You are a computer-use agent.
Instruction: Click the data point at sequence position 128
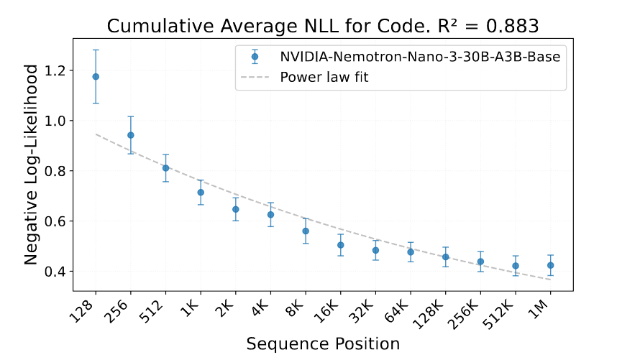click(x=96, y=77)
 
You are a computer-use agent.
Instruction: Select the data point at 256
click(x=131, y=135)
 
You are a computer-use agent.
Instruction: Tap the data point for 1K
click(x=201, y=192)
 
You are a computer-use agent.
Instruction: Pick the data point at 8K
click(x=306, y=231)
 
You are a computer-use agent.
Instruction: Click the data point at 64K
click(x=411, y=251)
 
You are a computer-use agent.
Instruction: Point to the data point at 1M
click(x=550, y=265)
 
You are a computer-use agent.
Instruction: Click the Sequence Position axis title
click(x=322, y=343)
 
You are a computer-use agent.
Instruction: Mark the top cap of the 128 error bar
click(x=96, y=50)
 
